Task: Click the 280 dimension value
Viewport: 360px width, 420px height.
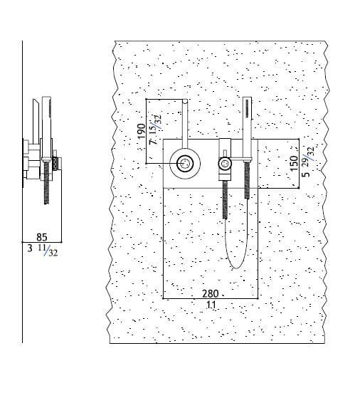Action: point(210,294)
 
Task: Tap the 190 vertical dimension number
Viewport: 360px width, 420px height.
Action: point(142,131)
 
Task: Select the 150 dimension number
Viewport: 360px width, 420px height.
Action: point(294,163)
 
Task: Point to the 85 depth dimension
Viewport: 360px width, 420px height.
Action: point(42,237)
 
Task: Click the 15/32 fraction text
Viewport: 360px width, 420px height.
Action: point(155,123)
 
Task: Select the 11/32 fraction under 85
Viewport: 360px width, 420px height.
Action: point(48,251)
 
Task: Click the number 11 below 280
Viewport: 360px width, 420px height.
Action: point(211,305)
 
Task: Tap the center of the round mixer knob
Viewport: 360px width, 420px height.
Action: point(185,164)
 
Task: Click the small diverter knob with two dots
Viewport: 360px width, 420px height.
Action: point(225,164)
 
